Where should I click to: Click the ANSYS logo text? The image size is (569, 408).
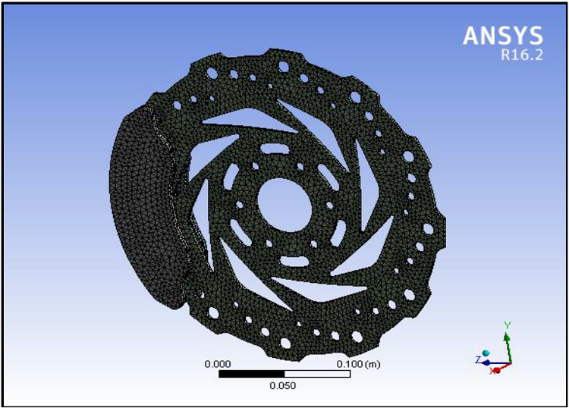tap(503, 36)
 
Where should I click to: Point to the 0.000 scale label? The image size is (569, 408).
tap(218, 365)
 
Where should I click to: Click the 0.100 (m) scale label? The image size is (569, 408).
tap(357, 365)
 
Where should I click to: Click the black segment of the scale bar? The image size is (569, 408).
tap(251, 374)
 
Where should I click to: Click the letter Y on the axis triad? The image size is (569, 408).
tap(508, 325)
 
